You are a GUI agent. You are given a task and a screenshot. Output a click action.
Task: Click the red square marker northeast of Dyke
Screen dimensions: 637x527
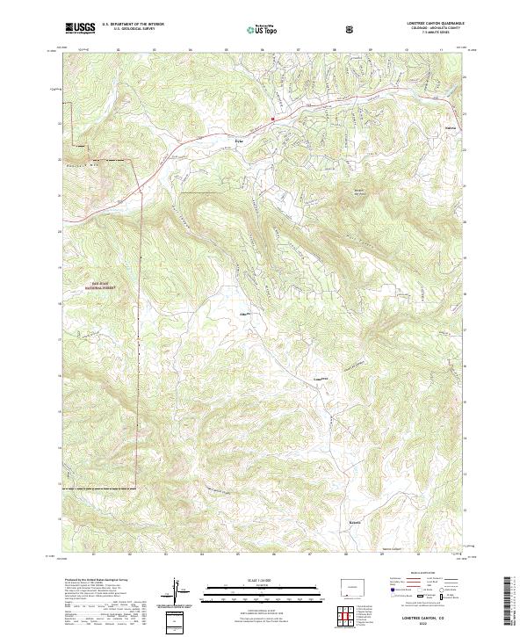coord(273,119)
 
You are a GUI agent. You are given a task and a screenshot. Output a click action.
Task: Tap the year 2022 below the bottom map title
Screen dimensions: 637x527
coord(416,625)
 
